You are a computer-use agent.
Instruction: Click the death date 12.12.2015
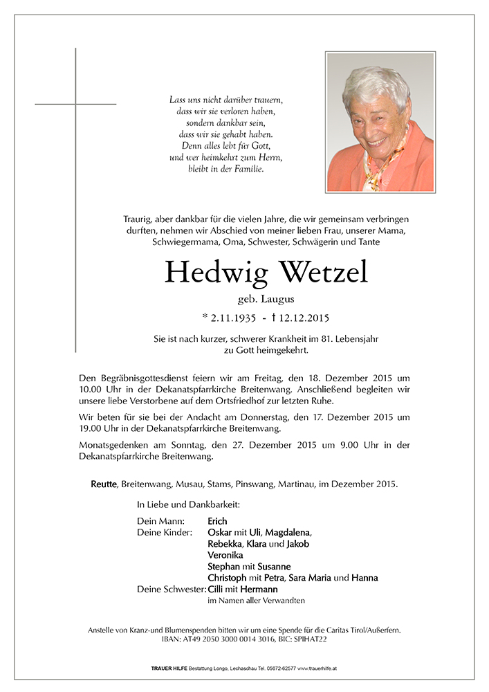tap(301, 318)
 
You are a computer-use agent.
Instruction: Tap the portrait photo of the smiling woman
tap(380, 122)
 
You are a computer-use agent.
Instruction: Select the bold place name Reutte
tap(105, 484)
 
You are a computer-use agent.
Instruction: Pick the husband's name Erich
tap(217, 521)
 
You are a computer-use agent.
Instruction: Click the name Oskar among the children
tap(220, 532)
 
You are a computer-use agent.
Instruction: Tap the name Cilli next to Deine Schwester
tap(216, 589)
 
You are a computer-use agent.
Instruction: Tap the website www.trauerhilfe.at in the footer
tap(314, 669)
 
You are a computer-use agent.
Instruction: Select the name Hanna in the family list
tap(365, 578)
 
